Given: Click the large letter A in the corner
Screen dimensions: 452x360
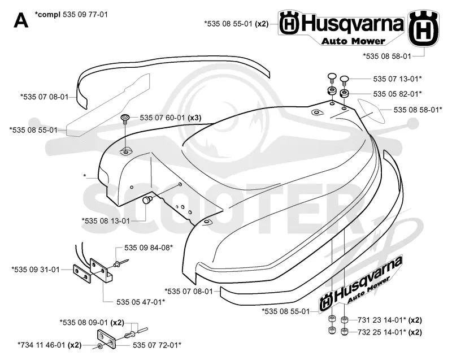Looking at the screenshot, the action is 21,20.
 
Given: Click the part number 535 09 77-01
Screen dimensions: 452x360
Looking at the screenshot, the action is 85,15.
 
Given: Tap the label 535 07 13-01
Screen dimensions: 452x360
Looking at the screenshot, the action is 397,79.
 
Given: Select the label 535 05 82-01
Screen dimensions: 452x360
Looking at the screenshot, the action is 397,94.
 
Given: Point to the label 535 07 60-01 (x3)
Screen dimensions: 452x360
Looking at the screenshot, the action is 171,118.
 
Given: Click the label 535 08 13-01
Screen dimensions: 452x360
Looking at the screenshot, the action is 106,221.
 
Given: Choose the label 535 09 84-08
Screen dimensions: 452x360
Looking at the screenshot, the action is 149,248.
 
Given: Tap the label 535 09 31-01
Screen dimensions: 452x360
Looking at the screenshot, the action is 36,270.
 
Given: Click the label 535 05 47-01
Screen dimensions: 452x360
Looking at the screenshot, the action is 141,302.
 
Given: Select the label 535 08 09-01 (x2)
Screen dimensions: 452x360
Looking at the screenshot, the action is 92,322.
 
